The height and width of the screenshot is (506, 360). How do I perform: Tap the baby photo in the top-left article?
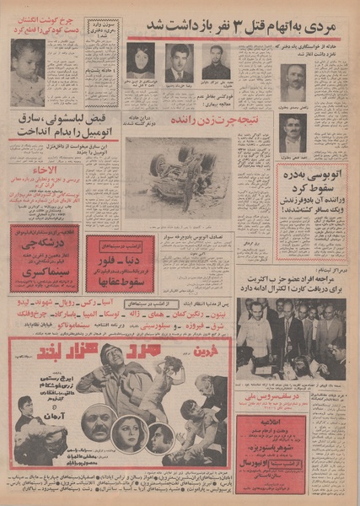[x=27, y=73]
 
